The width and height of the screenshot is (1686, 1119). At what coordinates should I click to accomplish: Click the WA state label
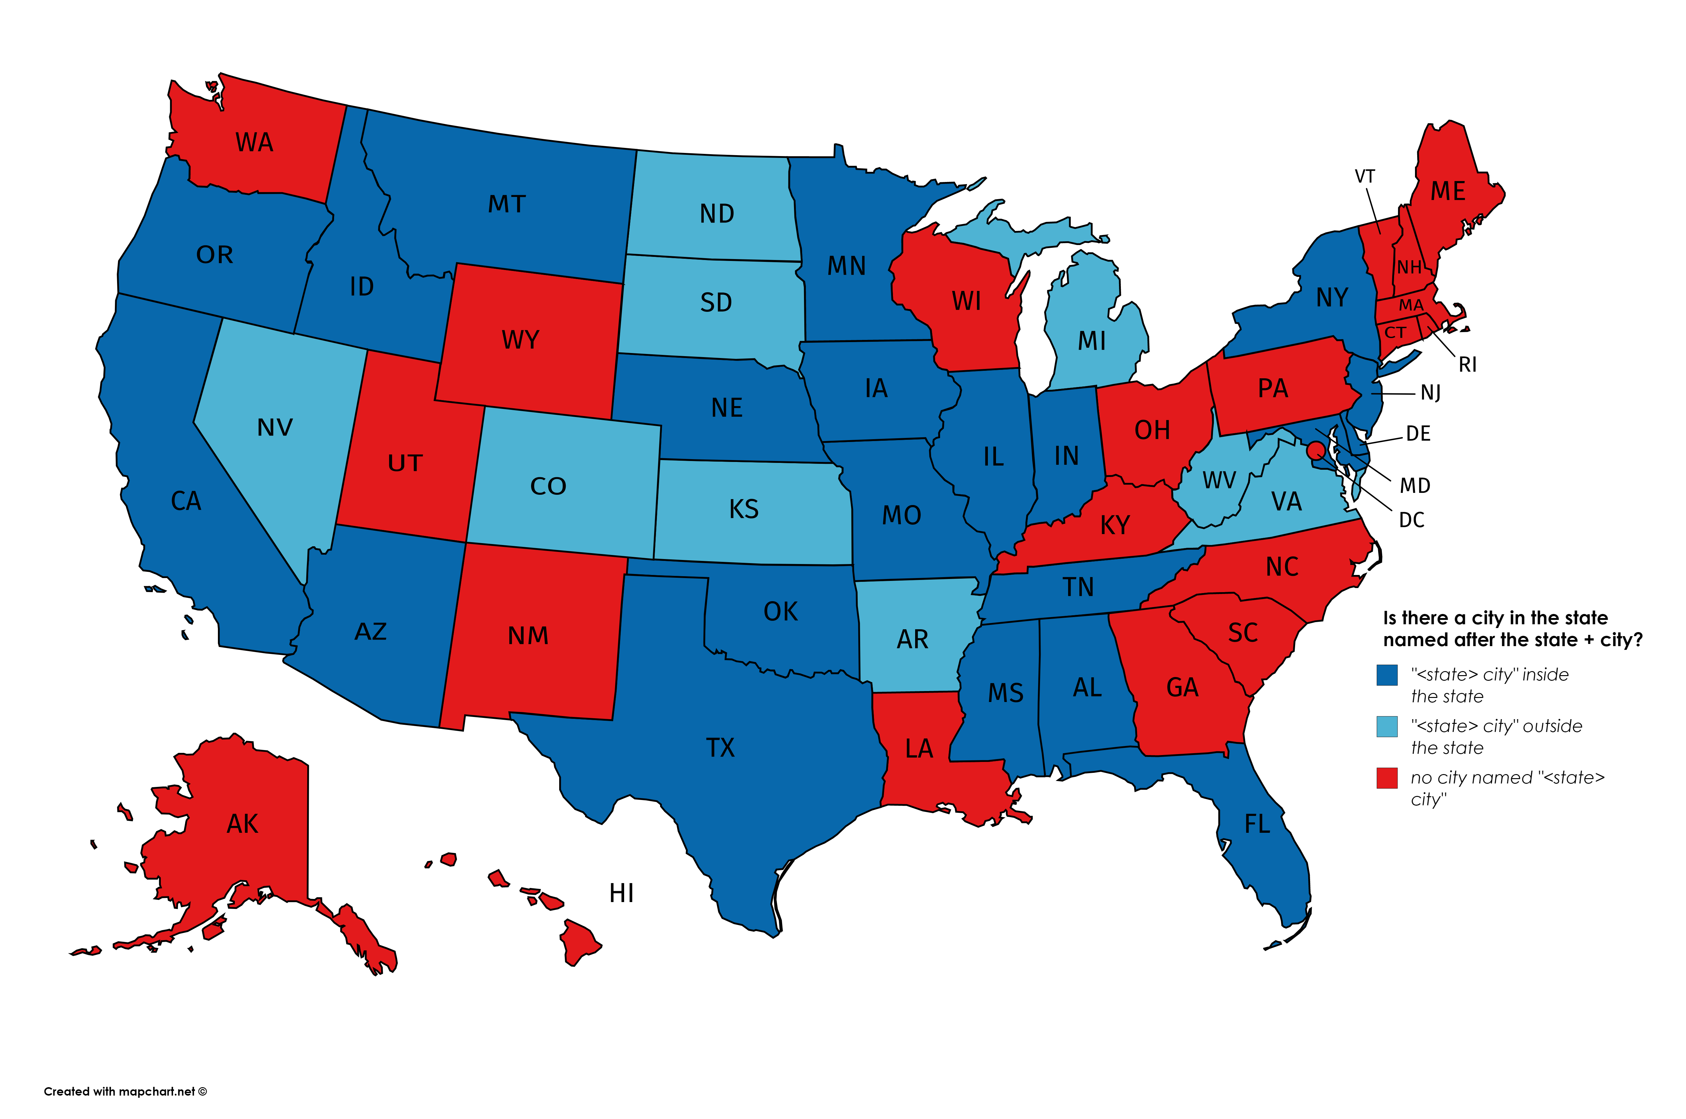point(254,143)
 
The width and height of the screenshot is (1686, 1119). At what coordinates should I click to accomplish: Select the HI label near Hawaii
point(621,893)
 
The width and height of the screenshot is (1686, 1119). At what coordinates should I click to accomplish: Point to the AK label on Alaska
point(242,824)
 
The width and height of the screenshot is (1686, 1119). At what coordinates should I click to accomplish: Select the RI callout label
point(1467,365)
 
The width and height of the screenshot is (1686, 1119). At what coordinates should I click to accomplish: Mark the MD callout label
point(1415,486)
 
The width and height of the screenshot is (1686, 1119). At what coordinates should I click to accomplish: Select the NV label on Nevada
point(275,428)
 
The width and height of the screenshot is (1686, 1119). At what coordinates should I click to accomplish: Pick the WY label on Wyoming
point(520,340)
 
